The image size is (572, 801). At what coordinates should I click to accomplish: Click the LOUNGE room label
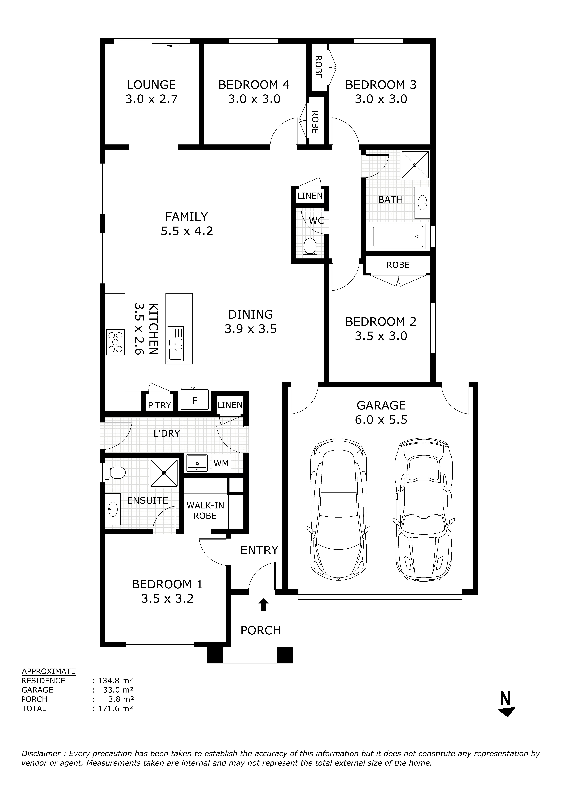pyautogui.click(x=151, y=85)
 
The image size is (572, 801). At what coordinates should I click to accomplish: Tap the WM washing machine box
pyautogui.click(x=221, y=463)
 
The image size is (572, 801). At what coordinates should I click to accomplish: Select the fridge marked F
pyautogui.click(x=195, y=400)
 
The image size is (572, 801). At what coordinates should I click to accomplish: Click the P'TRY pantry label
pyautogui.click(x=160, y=405)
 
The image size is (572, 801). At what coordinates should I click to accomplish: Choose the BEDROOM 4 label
pyautogui.click(x=254, y=85)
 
